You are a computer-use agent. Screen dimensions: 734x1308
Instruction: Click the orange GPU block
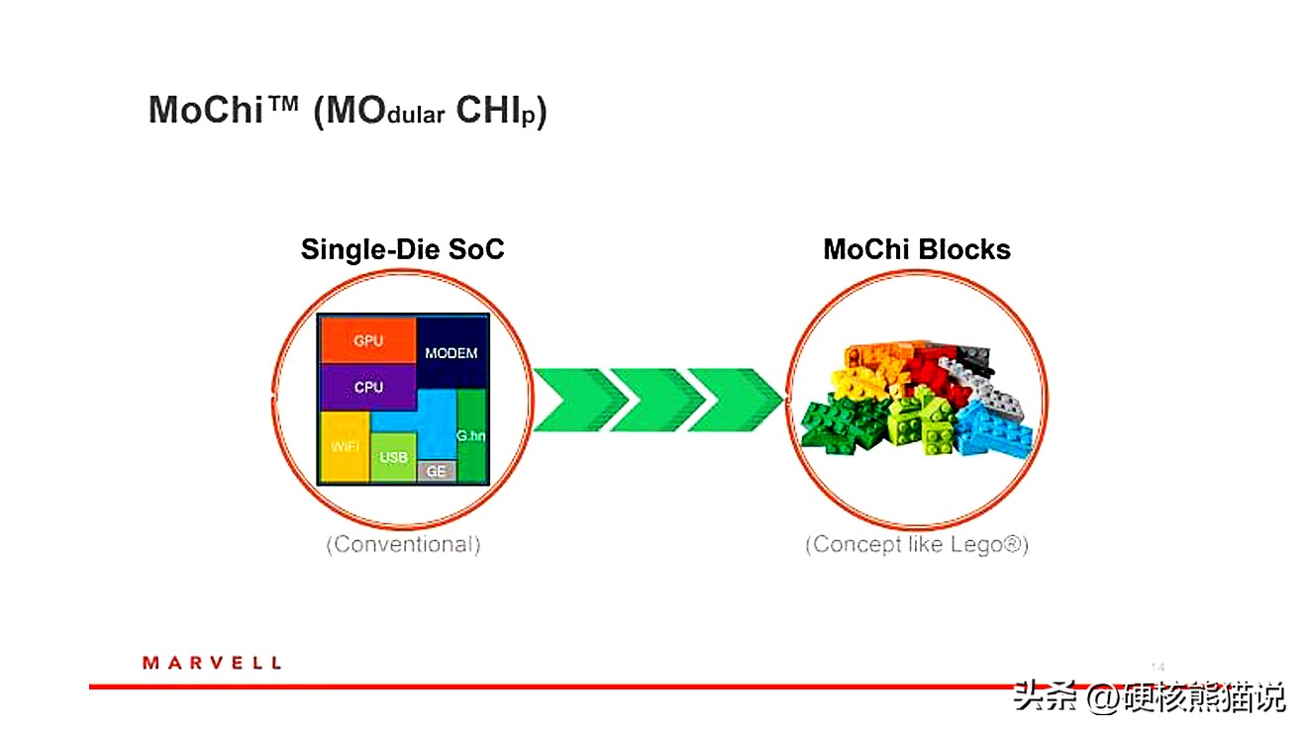click(x=367, y=340)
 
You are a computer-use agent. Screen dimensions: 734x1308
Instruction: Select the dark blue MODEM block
click(x=451, y=352)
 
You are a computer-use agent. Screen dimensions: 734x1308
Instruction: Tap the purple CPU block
click(x=367, y=387)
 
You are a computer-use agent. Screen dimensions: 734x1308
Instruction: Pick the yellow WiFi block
click(x=344, y=446)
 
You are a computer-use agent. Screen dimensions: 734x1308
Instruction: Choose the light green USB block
click(x=393, y=457)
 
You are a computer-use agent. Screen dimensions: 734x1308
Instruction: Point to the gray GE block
click(x=436, y=471)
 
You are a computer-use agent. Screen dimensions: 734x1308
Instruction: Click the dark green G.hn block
click(x=470, y=435)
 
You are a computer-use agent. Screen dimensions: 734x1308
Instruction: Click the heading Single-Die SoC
click(x=402, y=249)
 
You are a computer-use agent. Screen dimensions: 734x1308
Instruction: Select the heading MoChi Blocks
click(x=916, y=249)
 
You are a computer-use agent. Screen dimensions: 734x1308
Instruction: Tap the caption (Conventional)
click(x=403, y=544)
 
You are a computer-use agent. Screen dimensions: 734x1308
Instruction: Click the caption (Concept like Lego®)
click(x=916, y=544)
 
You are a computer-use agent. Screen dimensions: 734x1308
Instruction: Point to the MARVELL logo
click(x=212, y=663)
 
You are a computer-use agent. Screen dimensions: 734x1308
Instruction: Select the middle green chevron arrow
click(x=657, y=400)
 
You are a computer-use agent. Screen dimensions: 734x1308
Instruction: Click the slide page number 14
click(x=1157, y=666)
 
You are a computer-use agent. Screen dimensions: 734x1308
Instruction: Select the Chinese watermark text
click(x=1148, y=696)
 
